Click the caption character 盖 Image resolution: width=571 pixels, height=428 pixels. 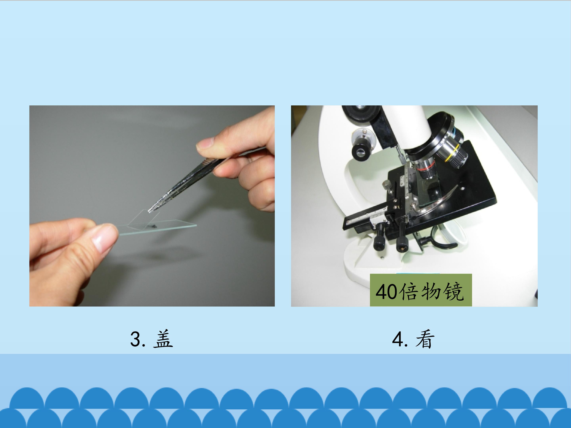163,339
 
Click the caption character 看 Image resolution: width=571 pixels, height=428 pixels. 425,339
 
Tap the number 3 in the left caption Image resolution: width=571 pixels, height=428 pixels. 136,339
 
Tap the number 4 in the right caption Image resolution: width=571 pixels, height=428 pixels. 398,339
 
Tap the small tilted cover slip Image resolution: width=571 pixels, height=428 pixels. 145,219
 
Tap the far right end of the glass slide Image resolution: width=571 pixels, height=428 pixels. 196,225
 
